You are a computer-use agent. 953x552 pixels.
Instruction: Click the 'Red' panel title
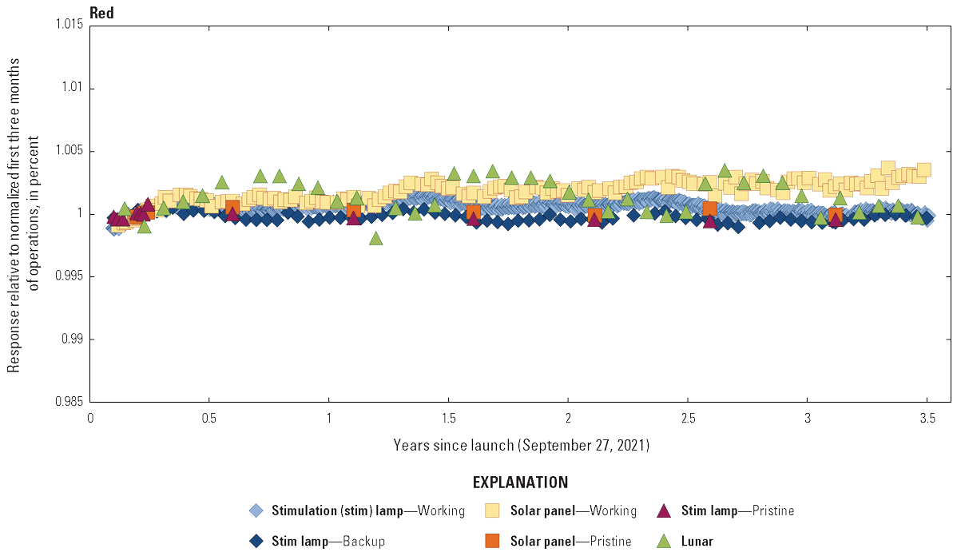point(101,12)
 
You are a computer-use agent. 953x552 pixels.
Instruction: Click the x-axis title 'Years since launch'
point(521,445)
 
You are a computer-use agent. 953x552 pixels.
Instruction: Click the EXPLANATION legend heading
point(521,483)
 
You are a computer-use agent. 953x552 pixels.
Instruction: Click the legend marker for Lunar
point(664,541)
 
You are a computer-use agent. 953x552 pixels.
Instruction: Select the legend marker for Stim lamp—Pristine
point(664,510)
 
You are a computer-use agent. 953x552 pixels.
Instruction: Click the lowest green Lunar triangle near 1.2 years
point(375,238)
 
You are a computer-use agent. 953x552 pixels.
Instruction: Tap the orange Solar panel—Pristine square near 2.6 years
point(709,208)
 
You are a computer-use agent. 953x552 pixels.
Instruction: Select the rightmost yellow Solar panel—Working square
point(924,169)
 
